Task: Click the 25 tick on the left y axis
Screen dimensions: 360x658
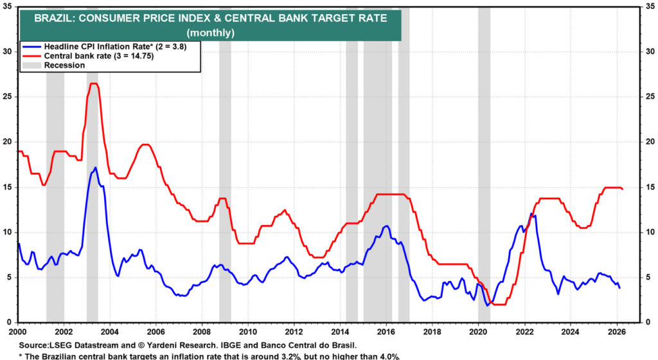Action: click(x=8, y=97)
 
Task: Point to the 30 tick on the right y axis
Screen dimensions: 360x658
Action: click(x=649, y=51)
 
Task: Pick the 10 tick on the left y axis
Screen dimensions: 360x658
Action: click(x=8, y=232)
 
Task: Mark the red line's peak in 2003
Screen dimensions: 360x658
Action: click(x=93, y=84)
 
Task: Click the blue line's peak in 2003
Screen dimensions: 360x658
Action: click(x=95, y=168)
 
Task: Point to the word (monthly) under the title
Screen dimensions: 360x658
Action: click(x=210, y=32)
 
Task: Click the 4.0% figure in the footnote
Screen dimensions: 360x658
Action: click(x=387, y=355)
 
